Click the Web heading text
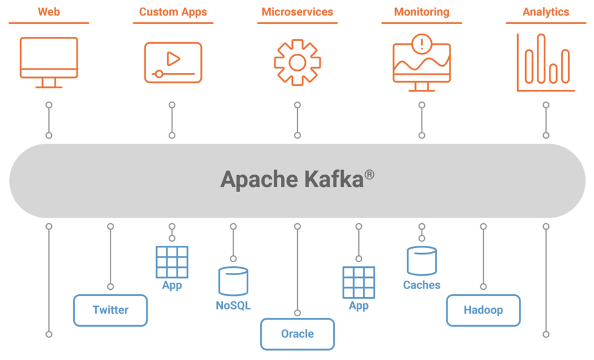(49, 12)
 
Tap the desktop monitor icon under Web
(49, 59)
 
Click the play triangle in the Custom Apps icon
(173, 59)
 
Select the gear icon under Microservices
(297, 63)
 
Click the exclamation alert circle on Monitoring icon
(422, 44)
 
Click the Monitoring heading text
(422, 12)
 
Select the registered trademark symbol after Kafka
(369, 174)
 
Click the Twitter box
(111, 310)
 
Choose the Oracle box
(297, 334)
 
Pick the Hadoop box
(483, 310)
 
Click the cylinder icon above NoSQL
(233, 281)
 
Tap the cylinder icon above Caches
(422, 261)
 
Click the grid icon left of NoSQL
(172, 262)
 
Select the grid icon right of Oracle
(359, 282)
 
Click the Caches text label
(422, 285)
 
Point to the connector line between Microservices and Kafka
(297, 120)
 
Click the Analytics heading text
(546, 12)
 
